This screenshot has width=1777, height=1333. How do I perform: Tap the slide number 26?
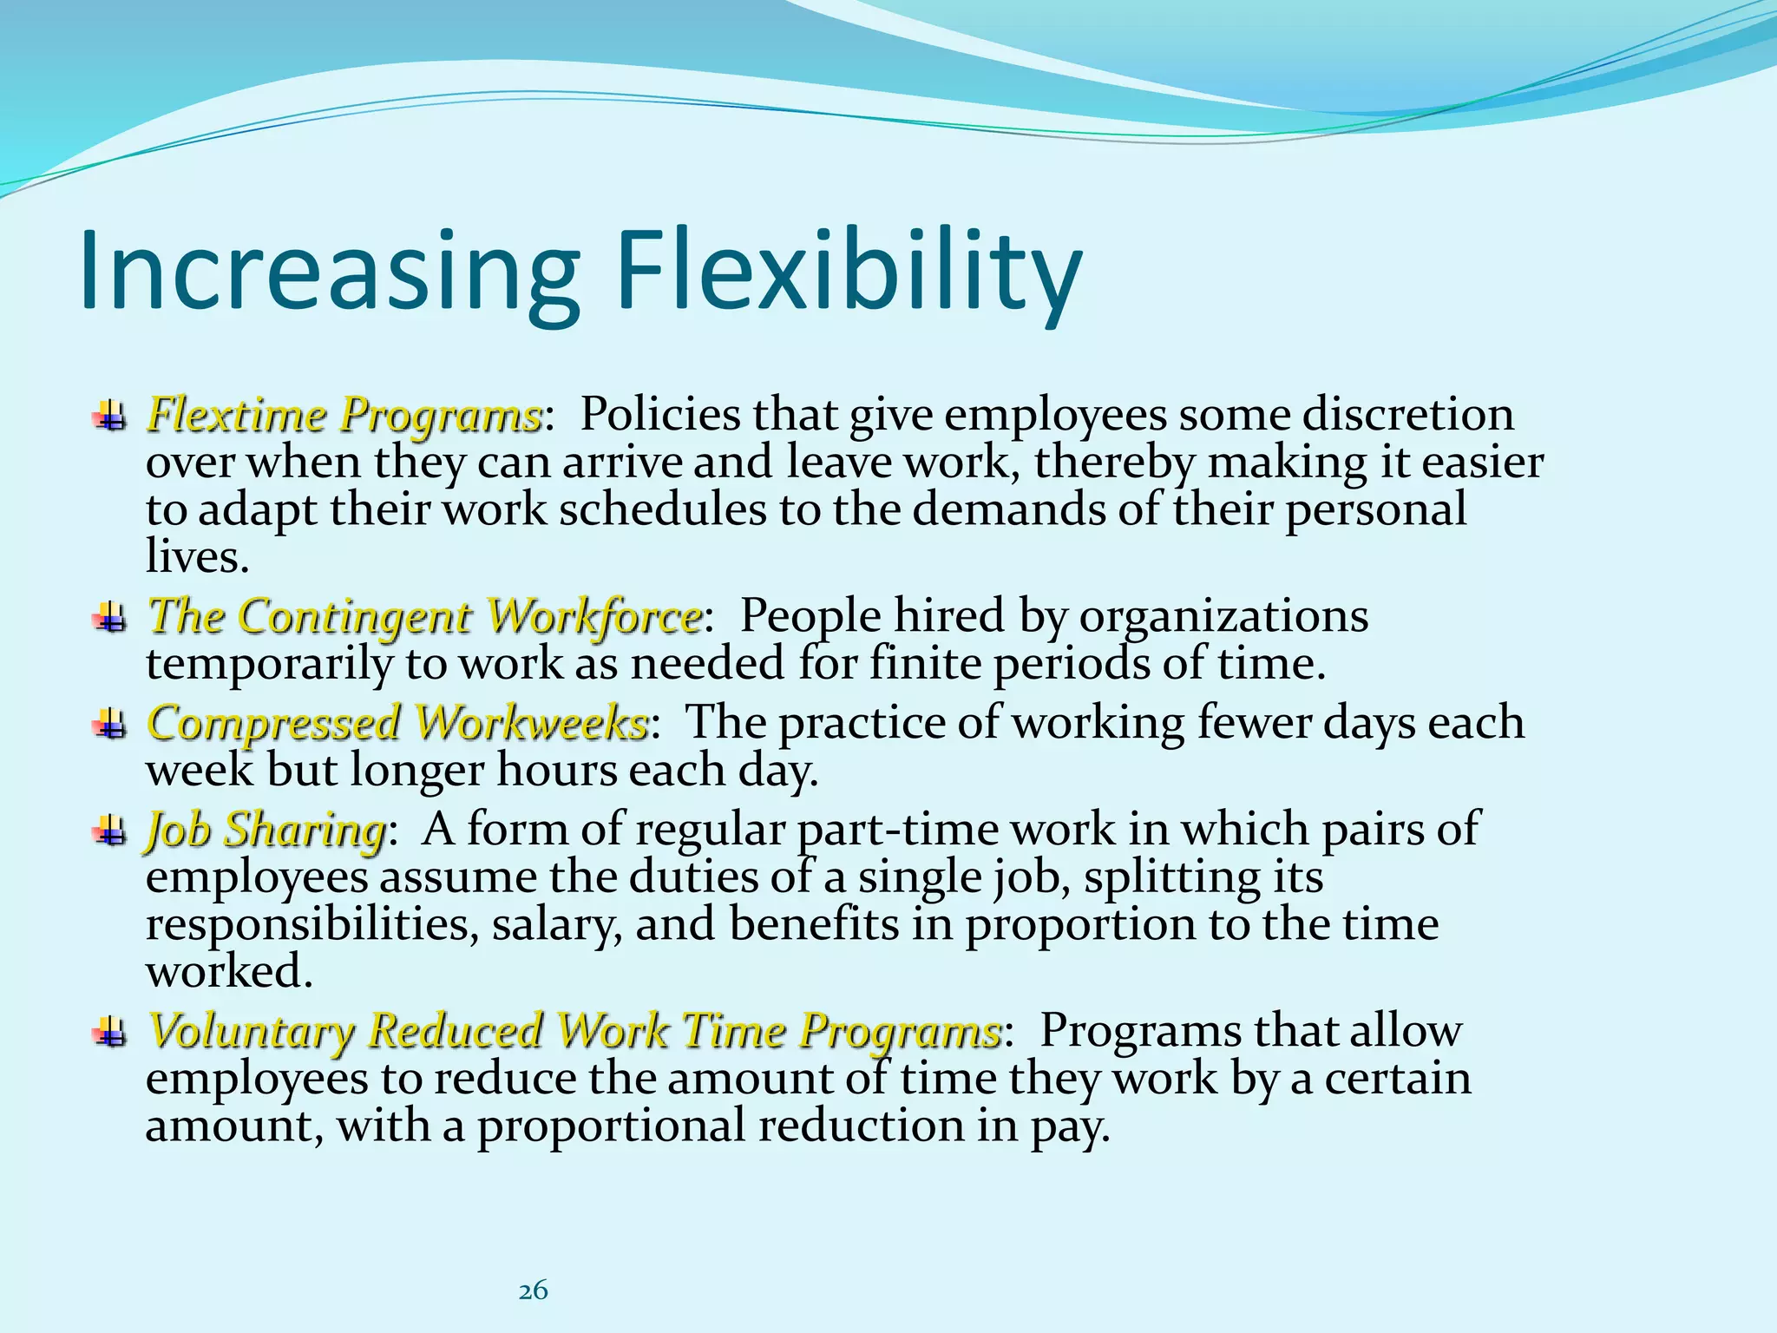[533, 1290]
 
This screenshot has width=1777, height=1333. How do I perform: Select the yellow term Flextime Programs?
[344, 415]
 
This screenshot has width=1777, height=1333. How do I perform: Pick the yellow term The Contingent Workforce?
[424, 617]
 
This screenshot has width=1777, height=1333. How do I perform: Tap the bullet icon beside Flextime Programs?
[109, 416]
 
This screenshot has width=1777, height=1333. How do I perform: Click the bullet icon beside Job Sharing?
[109, 831]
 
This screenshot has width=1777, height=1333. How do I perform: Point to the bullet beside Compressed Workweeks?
[109, 724]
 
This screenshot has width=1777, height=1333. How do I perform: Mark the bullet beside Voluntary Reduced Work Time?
[109, 1032]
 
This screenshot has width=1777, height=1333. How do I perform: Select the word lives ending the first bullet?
[196, 556]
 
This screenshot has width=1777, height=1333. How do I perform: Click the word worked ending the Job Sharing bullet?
[227, 972]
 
